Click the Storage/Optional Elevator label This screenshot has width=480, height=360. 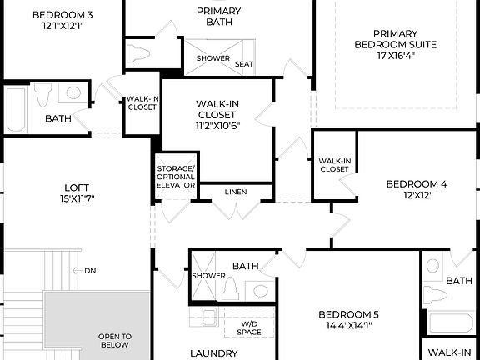(176, 177)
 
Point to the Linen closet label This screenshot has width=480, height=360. (236, 192)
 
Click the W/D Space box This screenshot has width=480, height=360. (250, 327)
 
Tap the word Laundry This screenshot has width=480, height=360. (214, 353)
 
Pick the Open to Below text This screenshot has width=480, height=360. (114, 340)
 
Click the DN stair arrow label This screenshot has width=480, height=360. (88, 270)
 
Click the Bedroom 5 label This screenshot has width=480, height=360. (348, 314)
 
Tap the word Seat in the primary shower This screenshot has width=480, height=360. (244, 64)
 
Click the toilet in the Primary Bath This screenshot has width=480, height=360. (139, 52)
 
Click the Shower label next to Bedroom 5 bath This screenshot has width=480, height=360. (208, 275)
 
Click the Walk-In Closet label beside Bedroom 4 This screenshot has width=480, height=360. (333, 164)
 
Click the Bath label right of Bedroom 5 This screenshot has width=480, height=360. (458, 282)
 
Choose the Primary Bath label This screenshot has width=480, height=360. (218, 15)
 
